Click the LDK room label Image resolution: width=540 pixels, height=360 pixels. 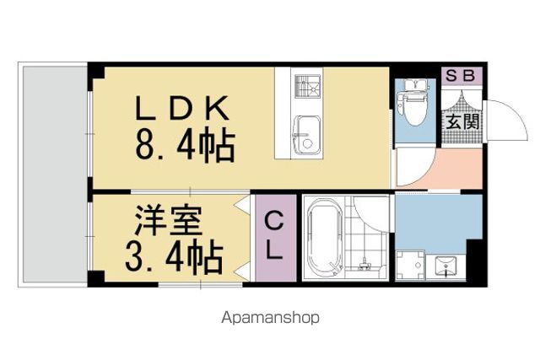click(x=182, y=108)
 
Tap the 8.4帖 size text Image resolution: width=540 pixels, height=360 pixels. click(x=186, y=145)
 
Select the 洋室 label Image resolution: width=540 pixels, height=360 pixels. click(x=168, y=220)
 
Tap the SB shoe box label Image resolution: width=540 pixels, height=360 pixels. click(x=461, y=75)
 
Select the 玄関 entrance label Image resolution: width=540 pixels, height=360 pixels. click(x=462, y=121)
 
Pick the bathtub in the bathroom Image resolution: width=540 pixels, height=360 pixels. click(x=325, y=238)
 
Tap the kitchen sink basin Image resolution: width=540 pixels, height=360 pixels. click(x=306, y=135)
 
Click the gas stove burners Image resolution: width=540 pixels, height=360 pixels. click(x=307, y=86)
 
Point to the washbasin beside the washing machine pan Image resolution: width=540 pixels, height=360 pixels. click(x=445, y=266)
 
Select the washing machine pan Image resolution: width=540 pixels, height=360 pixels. click(x=410, y=265)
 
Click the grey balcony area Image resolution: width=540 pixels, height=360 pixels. click(x=55, y=175)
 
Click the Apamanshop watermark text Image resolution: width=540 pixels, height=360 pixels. click(x=270, y=318)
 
